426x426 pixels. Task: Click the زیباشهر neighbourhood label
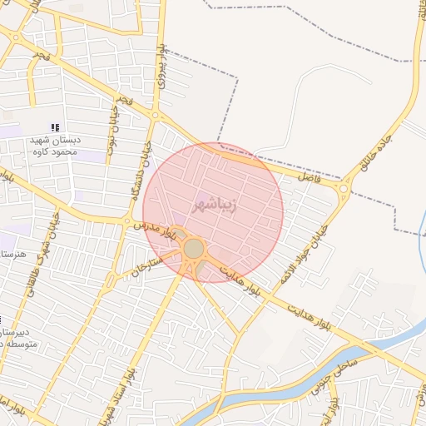coord(213,203)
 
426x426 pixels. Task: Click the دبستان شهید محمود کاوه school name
coord(55,146)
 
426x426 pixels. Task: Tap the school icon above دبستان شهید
coord(55,127)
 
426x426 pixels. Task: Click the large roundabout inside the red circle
coord(194,249)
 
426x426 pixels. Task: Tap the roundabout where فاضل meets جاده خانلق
coord(343,191)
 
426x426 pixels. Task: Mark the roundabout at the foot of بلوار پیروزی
coord(155,116)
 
